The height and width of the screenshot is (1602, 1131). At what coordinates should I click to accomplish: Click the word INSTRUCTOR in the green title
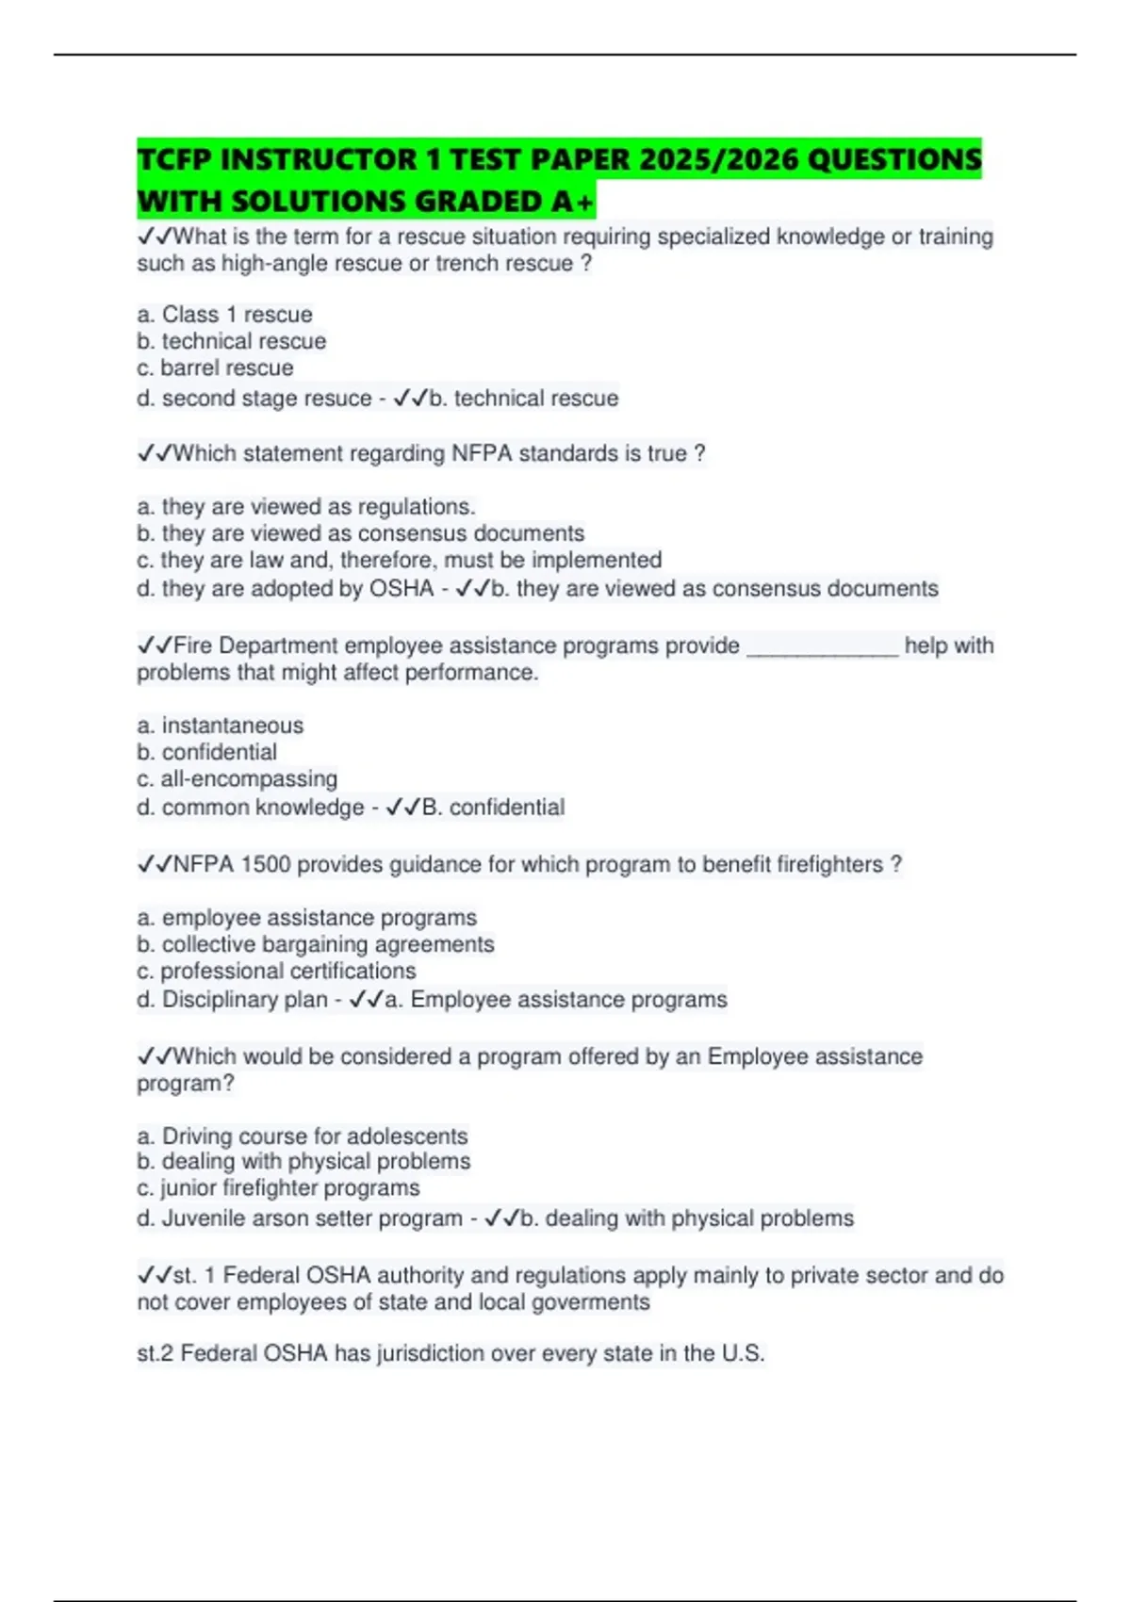(318, 159)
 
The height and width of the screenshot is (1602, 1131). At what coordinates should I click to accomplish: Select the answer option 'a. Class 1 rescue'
(224, 314)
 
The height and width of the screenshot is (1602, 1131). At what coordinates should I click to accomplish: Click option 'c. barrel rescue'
(215, 368)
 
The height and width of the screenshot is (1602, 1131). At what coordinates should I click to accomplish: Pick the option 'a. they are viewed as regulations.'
(305, 506)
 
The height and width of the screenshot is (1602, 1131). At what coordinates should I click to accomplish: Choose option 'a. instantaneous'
(220, 725)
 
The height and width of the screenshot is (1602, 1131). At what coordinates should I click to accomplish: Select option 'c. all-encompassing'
(237, 778)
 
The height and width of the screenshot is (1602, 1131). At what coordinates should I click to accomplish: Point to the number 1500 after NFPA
(265, 864)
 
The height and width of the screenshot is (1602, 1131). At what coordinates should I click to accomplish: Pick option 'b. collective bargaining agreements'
(315, 943)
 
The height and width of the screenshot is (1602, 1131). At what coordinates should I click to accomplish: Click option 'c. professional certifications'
(276, 971)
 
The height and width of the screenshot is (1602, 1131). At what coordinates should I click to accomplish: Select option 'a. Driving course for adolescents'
(302, 1136)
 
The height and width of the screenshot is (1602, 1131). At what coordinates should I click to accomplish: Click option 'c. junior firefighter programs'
(278, 1187)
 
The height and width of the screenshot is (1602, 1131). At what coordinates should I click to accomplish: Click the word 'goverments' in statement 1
(591, 1301)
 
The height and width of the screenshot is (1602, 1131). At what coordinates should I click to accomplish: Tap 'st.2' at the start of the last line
(156, 1353)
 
